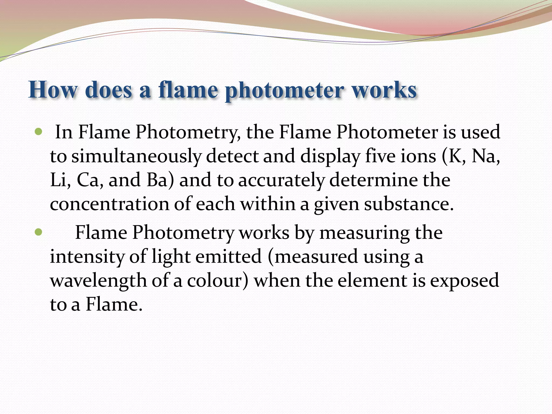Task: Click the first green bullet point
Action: pyautogui.click(x=39, y=132)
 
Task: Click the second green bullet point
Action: pyautogui.click(x=39, y=232)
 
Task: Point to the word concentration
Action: pyautogui.click(x=109, y=204)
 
